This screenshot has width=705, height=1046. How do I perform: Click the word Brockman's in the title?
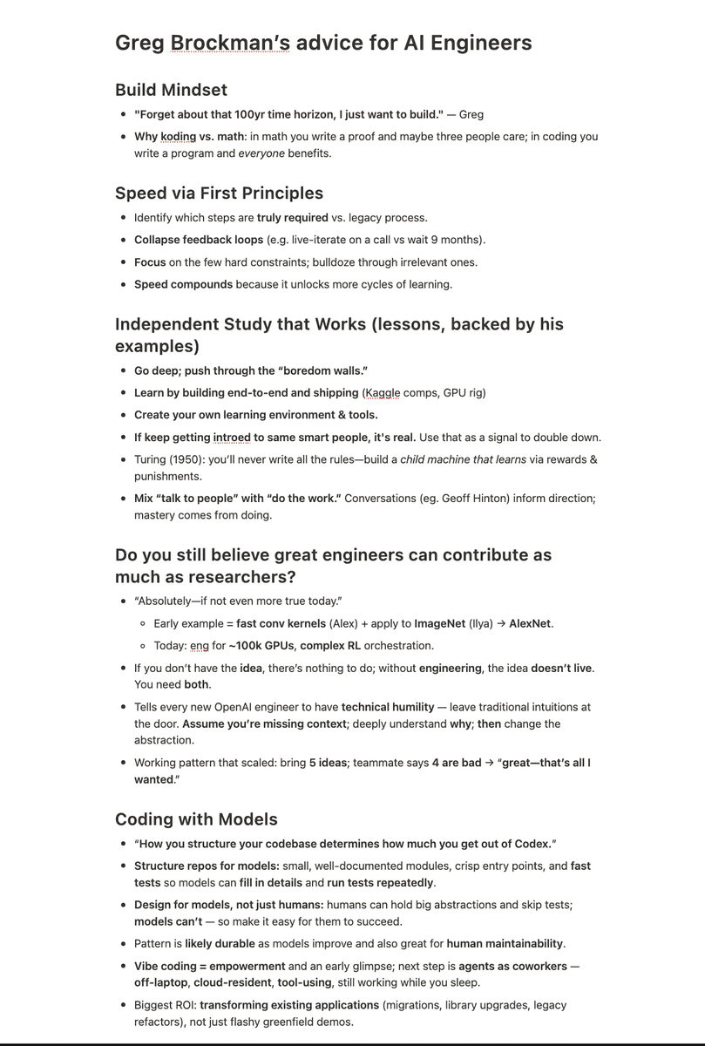(229, 43)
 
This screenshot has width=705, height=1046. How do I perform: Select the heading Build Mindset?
(171, 90)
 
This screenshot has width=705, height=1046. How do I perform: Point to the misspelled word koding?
(178, 137)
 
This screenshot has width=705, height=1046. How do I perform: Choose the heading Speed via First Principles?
(219, 194)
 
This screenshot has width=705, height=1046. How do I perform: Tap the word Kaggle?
(383, 393)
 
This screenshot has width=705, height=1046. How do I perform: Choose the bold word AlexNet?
(530, 623)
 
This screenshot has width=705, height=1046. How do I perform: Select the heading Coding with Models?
(196, 819)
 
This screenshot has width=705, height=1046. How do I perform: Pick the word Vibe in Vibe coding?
(147, 967)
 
